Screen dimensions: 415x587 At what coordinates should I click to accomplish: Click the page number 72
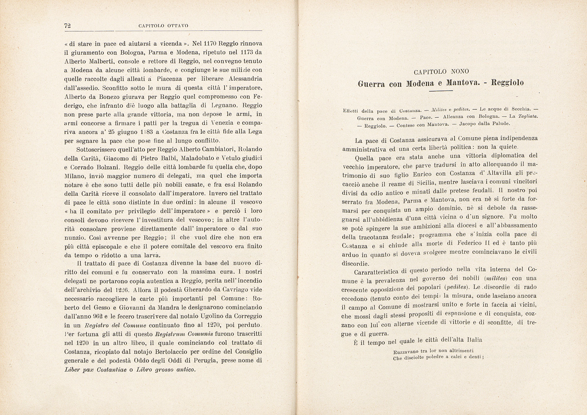[x=68, y=26]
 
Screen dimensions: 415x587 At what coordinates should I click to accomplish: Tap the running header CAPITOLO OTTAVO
[x=163, y=26]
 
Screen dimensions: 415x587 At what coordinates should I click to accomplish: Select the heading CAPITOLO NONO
[x=441, y=72]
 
